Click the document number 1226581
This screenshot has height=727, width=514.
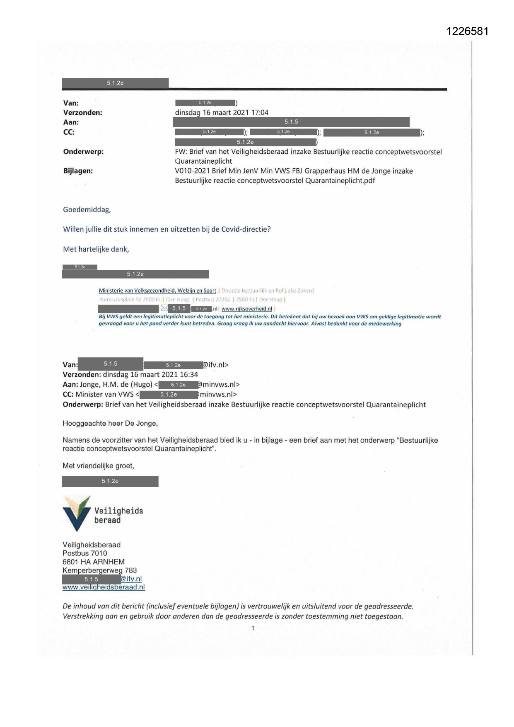[x=468, y=32]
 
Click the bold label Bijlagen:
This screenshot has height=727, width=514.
[x=78, y=171]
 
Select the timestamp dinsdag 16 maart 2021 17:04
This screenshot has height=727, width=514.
[x=222, y=112]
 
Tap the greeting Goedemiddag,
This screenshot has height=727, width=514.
[x=87, y=209]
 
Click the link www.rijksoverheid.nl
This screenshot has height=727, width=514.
[x=247, y=309]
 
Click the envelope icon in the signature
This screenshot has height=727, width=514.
[x=164, y=308]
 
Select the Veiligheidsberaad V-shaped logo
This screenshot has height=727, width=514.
[x=76, y=513]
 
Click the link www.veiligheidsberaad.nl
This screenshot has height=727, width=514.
[x=104, y=587]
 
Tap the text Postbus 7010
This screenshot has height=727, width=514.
[x=85, y=553]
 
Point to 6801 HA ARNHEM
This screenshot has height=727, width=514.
[x=94, y=562]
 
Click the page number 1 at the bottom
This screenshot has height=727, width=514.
[x=253, y=628]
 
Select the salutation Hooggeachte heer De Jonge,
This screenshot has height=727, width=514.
[x=110, y=423]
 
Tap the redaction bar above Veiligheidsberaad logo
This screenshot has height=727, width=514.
[x=110, y=481]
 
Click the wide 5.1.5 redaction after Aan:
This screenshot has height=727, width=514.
[x=291, y=122]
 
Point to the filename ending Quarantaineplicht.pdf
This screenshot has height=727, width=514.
[x=275, y=180]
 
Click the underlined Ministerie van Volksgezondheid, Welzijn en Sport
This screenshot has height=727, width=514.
[x=157, y=291]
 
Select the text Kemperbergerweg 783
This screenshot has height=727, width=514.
[x=100, y=570]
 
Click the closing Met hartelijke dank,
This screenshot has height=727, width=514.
[x=96, y=249]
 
